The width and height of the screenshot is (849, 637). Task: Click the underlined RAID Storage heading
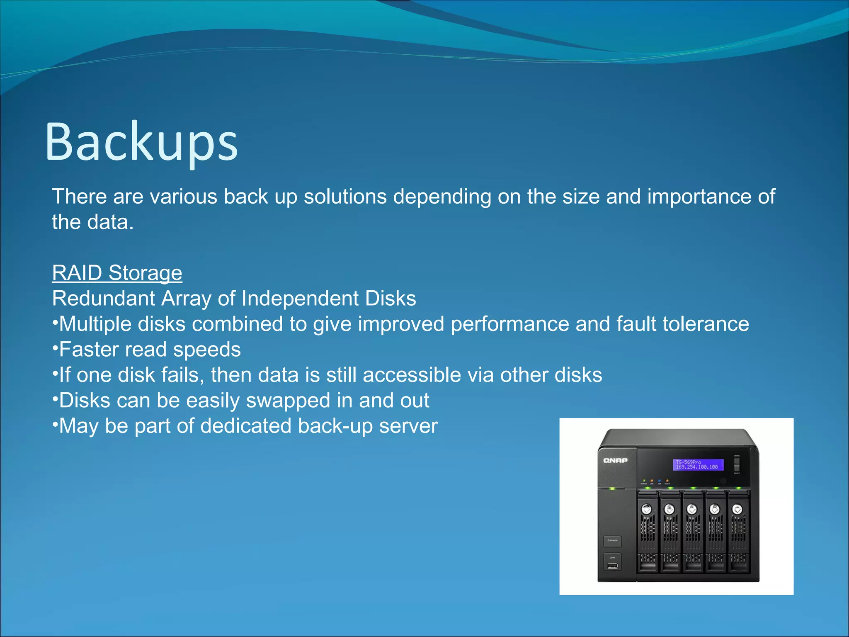(x=117, y=273)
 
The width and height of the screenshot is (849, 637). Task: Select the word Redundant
(x=103, y=299)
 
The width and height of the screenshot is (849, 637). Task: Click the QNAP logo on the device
(x=615, y=460)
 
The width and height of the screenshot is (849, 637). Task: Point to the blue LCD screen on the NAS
(x=698, y=464)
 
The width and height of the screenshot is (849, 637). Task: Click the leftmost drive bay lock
(x=647, y=509)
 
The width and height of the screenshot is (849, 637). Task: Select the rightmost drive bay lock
(x=737, y=509)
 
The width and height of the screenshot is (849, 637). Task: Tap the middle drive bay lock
(x=691, y=509)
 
